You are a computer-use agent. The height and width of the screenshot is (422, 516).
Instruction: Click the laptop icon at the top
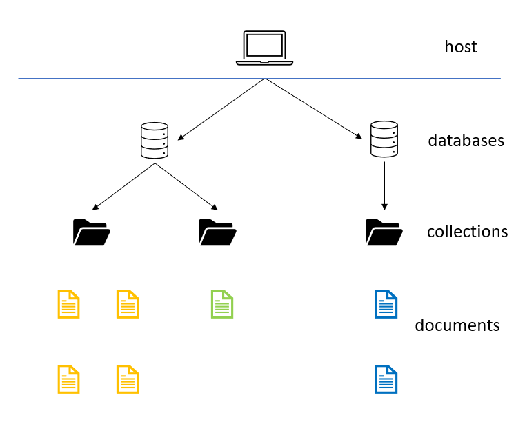pyautogui.click(x=264, y=48)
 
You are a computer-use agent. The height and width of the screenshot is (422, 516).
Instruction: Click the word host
pyautogui.click(x=460, y=47)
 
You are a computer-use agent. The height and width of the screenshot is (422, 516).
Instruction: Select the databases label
pyautogui.click(x=466, y=141)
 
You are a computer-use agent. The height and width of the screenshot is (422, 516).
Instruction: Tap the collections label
pyautogui.click(x=467, y=231)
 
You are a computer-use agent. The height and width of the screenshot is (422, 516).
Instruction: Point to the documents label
pyautogui.click(x=457, y=325)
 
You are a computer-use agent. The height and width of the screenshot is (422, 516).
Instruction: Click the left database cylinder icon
pyautogui.click(x=154, y=140)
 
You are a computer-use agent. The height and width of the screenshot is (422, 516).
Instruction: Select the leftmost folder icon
pyautogui.click(x=91, y=232)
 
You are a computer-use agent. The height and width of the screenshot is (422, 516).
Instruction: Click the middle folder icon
pyautogui.click(x=217, y=232)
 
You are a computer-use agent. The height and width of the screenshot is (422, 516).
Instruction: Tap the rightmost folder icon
pyautogui.click(x=384, y=232)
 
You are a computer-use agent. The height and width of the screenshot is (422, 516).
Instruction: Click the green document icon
pyautogui.click(x=221, y=304)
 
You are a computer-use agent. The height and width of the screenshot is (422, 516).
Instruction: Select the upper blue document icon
pyautogui.click(x=386, y=304)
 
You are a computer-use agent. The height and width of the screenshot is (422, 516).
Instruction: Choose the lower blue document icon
pyautogui.click(x=386, y=379)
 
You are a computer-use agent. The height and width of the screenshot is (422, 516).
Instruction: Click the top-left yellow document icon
pyautogui.click(x=68, y=304)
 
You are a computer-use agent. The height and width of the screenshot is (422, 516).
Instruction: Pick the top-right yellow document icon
pyautogui.click(x=128, y=304)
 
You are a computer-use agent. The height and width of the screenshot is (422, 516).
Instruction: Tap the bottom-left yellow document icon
pyautogui.click(x=68, y=379)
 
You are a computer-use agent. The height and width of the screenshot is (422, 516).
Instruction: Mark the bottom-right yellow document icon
pyautogui.click(x=128, y=379)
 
